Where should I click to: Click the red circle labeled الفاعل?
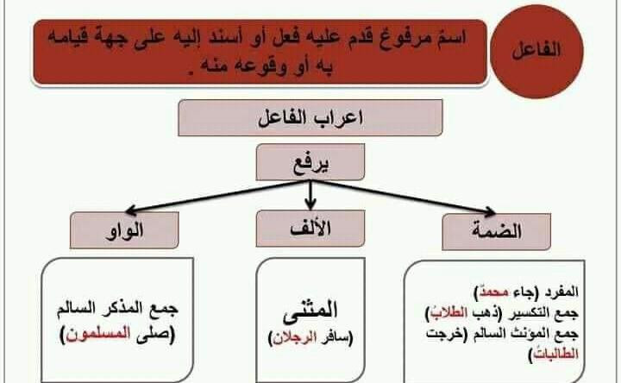tap(536, 51)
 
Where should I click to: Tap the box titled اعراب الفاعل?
tap(310, 117)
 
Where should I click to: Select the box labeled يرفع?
tap(310, 162)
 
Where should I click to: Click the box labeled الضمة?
tap(496, 232)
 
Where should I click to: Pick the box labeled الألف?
tap(310, 229)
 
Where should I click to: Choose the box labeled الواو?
tap(124, 230)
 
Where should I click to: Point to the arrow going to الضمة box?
tap(403, 197)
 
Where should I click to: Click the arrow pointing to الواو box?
tap(218, 196)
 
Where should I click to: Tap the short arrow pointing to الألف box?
tap(310, 195)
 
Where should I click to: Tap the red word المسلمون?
tap(97, 334)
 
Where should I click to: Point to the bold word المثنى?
tap(310, 311)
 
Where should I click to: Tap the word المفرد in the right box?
tap(561, 292)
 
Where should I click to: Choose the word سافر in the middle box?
tap(335, 337)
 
